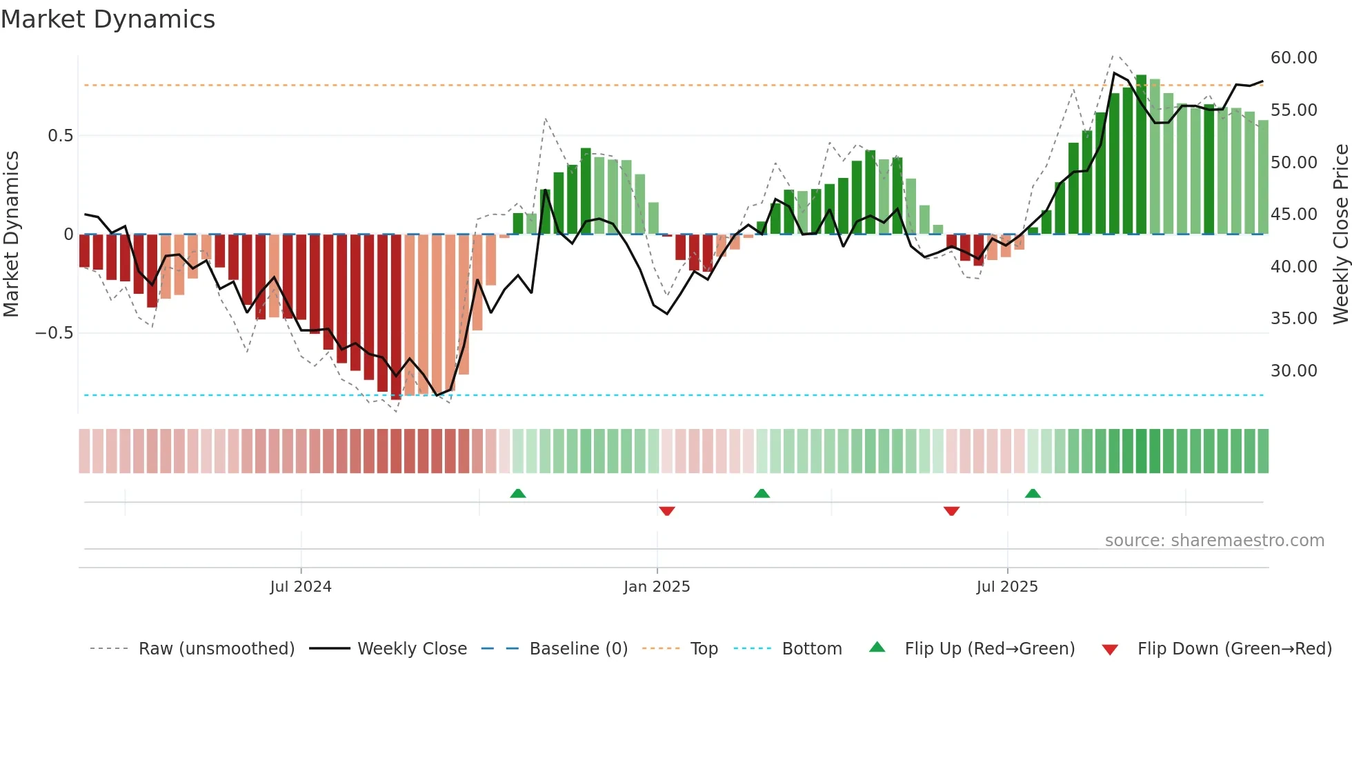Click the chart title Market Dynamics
[108, 19]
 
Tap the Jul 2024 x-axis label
[301, 586]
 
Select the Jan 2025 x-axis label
[657, 586]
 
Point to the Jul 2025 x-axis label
[1007, 586]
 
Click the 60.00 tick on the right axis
[1294, 58]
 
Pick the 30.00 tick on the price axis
[1294, 371]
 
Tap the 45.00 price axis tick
[1294, 214]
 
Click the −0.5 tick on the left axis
[54, 333]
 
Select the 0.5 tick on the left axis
[61, 136]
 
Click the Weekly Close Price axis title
[1340, 234]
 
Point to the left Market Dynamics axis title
[11, 234]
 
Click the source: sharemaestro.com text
[1215, 541]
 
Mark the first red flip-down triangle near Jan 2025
[667, 511]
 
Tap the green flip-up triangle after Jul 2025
[1033, 493]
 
